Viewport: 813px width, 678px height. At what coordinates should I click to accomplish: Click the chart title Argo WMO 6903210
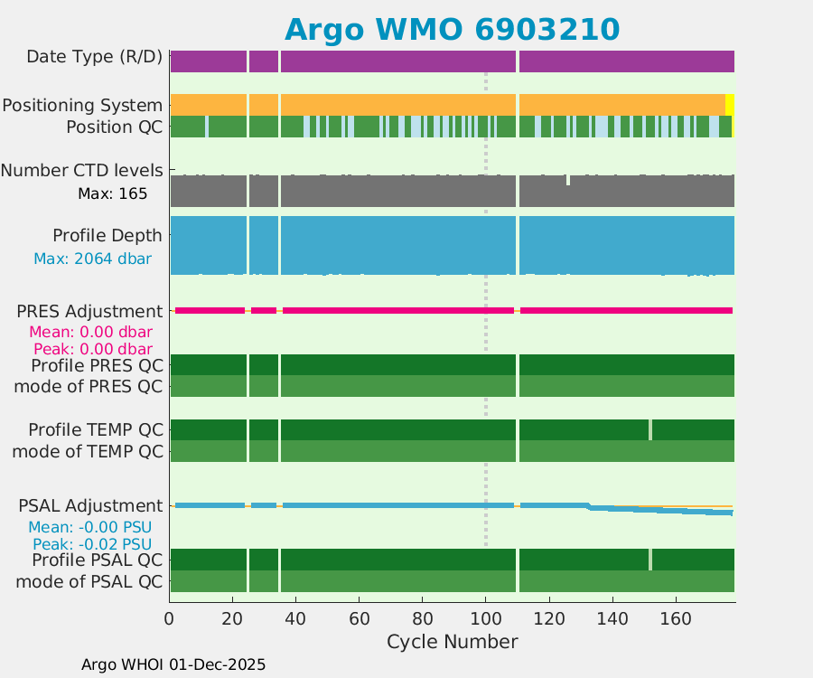click(x=452, y=29)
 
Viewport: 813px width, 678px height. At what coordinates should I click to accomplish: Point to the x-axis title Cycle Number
click(x=452, y=642)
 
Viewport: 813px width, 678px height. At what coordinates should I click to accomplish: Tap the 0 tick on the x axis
click(x=170, y=619)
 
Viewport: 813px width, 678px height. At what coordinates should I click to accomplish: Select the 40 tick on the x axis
click(x=296, y=619)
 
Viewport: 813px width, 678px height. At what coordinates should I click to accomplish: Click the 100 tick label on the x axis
click(x=486, y=619)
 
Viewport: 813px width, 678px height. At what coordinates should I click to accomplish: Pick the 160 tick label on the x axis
click(x=676, y=619)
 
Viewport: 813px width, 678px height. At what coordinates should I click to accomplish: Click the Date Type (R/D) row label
click(x=94, y=57)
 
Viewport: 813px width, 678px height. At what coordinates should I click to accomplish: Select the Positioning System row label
click(x=82, y=105)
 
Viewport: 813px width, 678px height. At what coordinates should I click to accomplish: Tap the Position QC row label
click(x=114, y=127)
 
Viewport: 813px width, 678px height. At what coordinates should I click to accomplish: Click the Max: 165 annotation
click(x=112, y=193)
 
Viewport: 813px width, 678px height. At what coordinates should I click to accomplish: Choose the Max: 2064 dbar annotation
click(x=92, y=259)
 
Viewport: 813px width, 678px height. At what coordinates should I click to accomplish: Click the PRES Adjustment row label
click(x=90, y=311)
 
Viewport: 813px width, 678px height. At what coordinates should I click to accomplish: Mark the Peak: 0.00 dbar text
click(x=92, y=349)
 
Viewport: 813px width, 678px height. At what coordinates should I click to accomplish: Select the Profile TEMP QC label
click(x=96, y=428)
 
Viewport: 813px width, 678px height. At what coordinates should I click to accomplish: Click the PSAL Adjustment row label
click(x=90, y=505)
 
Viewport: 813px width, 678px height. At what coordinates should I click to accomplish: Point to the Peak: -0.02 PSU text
click(x=92, y=544)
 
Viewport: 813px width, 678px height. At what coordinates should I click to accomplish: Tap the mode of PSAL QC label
click(x=89, y=581)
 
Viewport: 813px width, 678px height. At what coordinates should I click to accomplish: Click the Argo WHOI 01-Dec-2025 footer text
click(x=173, y=664)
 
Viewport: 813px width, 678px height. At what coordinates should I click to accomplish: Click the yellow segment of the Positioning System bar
click(x=730, y=104)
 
